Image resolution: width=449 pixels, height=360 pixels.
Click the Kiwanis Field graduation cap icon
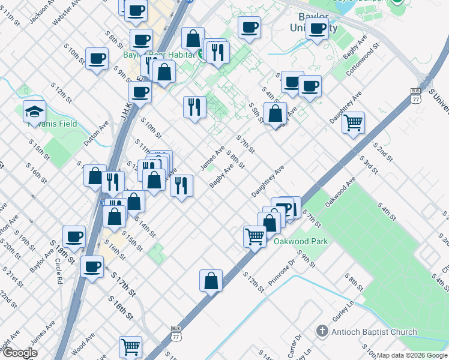click(35, 111)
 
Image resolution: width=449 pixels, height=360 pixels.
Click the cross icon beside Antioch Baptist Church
click(322, 332)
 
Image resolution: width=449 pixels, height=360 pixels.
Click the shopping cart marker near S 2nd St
click(354, 122)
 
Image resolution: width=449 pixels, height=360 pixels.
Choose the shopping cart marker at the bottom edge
click(130, 346)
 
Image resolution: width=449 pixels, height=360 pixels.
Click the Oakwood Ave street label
click(340, 191)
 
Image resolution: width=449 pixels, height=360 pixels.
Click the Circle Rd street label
click(58, 269)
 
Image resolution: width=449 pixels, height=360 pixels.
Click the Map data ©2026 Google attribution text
click(412, 355)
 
